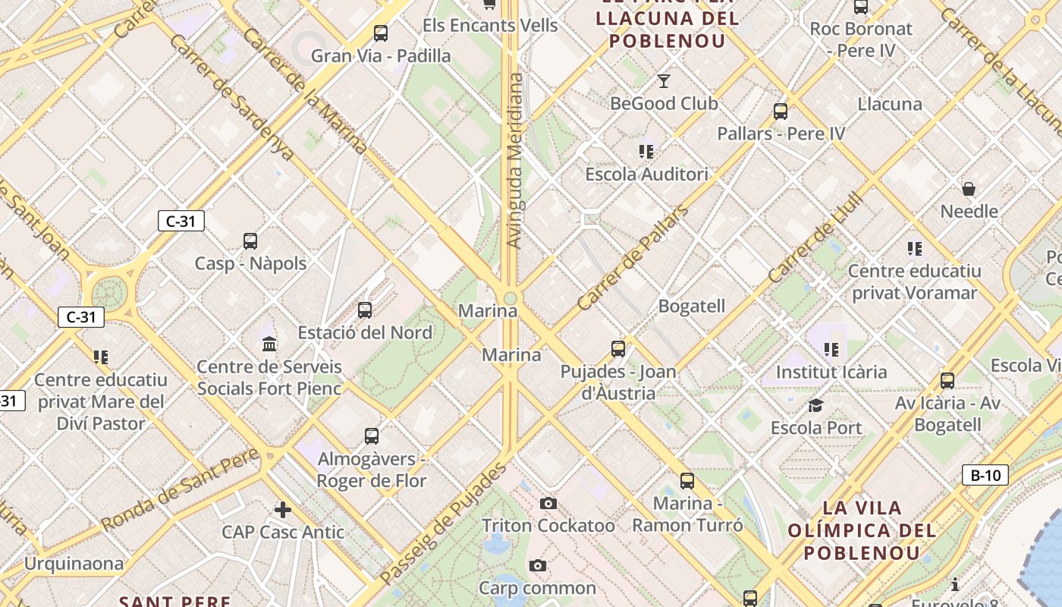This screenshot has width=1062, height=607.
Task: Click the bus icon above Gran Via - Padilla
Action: pyautogui.click(x=381, y=33)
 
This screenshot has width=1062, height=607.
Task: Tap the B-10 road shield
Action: pyautogui.click(x=985, y=476)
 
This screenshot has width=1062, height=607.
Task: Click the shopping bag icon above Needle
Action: pyautogui.click(x=969, y=189)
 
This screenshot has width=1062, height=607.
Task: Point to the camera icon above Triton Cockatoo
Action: pyautogui.click(x=548, y=503)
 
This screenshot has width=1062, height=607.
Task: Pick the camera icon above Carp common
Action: pyautogui.click(x=538, y=565)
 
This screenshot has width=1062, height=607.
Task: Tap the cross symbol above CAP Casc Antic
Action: pyautogui.click(x=283, y=509)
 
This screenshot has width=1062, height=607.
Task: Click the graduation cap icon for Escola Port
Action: pyautogui.click(x=815, y=406)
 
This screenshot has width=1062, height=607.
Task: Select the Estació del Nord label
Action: pyautogui.click(x=365, y=332)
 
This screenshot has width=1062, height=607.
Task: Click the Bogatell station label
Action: pyautogui.click(x=692, y=307)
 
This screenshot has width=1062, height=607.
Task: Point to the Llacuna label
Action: pyautogui.click(x=890, y=104)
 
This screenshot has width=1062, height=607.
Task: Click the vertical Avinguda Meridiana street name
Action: pyautogui.click(x=515, y=161)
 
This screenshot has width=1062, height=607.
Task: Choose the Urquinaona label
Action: pyautogui.click(x=74, y=564)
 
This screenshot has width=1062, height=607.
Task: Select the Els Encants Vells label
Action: pyautogui.click(x=490, y=25)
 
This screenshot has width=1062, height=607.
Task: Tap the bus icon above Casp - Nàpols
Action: pyautogui.click(x=250, y=241)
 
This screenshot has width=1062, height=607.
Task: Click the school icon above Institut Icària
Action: pyautogui.click(x=831, y=350)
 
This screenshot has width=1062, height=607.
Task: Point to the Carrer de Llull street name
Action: pyautogui.click(x=815, y=237)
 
